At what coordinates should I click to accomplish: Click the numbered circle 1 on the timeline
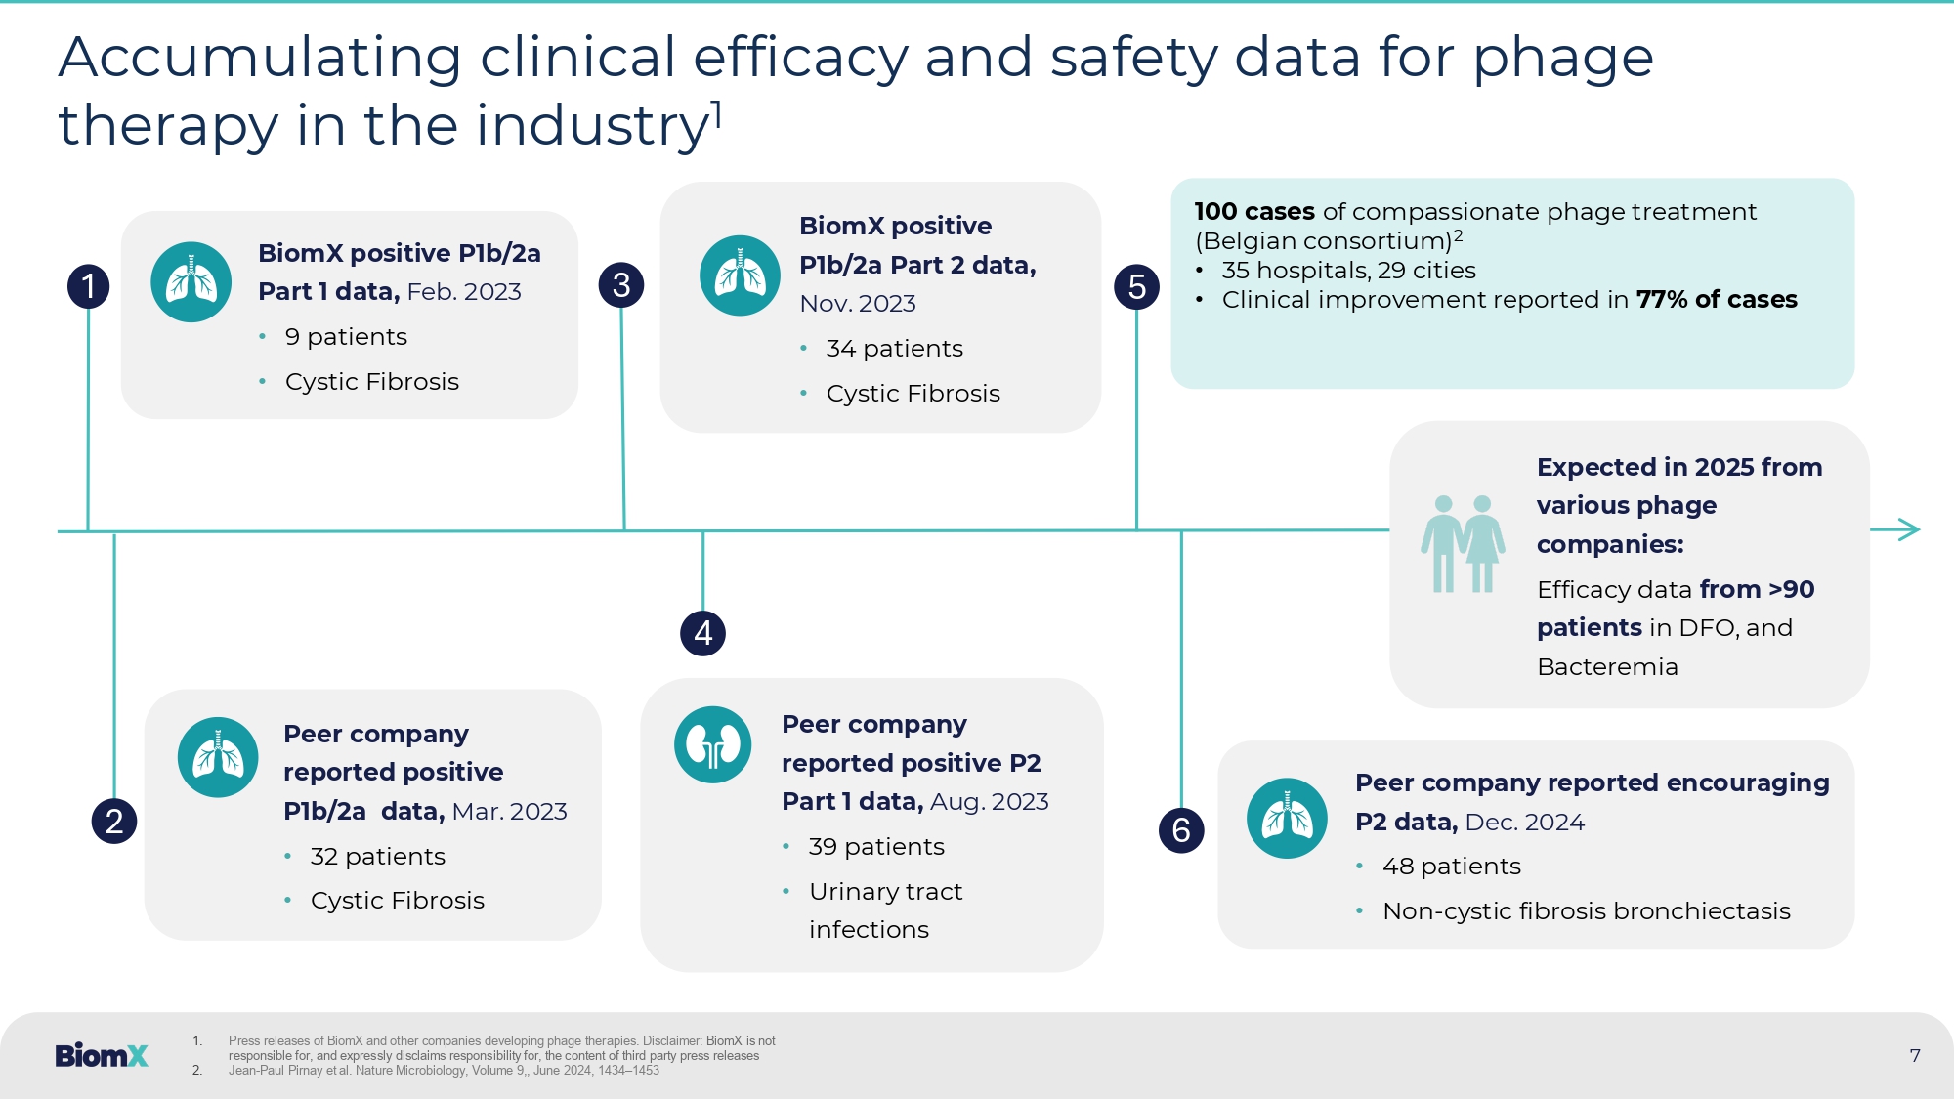click(x=89, y=286)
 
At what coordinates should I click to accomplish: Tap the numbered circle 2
click(x=114, y=821)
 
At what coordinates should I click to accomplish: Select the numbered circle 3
click(x=621, y=285)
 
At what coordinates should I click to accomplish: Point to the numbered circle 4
click(x=702, y=633)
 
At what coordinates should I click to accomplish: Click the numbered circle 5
click(x=1136, y=287)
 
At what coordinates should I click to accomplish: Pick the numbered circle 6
click(x=1181, y=830)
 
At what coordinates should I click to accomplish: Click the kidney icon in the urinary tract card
click(x=713, y=745)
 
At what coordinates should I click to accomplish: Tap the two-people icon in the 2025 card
click(x=1463, y=543)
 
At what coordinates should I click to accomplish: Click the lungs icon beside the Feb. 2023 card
click(x=191, y=282)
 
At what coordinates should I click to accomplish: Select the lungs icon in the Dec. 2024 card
click(x=1287, y=819)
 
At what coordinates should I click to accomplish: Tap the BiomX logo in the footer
click(x=102, y=1055)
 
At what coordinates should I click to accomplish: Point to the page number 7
click(x=1915, y=1055)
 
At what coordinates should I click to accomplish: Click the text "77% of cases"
click(x=1717, y=299)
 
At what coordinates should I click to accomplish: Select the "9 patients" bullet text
click(x=346, y=337)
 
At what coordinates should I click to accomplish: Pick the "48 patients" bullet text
click(x=1451, y=867)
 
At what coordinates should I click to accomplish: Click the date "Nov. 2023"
click(x=858, y=304)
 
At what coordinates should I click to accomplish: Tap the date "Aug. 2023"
click(x=990, y=802)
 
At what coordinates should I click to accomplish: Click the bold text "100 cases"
click(x=1254, y=211)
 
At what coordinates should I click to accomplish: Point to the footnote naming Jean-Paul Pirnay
click(x=444, y=1071)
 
